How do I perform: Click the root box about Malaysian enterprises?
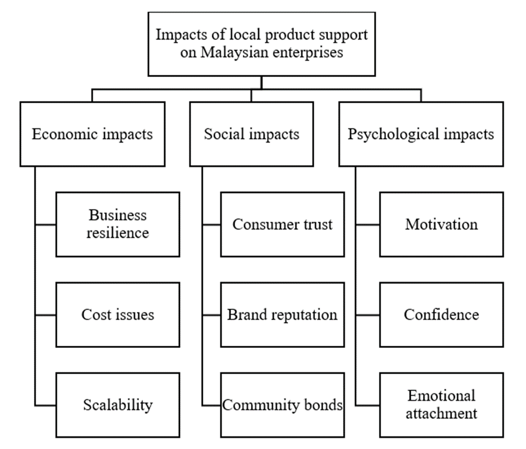tap(262, 44)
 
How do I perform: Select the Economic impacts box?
tap(92, 134)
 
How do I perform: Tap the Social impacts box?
tap(252, 134)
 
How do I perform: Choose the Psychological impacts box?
tap(420, 134)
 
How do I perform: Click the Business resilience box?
tap(118, 224)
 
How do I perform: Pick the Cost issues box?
tap(118, 315)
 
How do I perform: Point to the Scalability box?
tap(118, 405)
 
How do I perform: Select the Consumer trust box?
tap(282, 224)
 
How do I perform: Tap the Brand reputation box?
tap(282, 315)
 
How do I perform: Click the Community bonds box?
tap(282, 405)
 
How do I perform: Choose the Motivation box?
tap(441, 224)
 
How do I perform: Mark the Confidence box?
tap(441, 315)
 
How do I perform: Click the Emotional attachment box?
tap(441, 405)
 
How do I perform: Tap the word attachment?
tap(441, 413)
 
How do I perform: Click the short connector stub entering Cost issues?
tap(45, 315)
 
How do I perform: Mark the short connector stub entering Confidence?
tap(367, 315)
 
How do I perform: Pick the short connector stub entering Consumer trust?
tap(212, 225)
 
